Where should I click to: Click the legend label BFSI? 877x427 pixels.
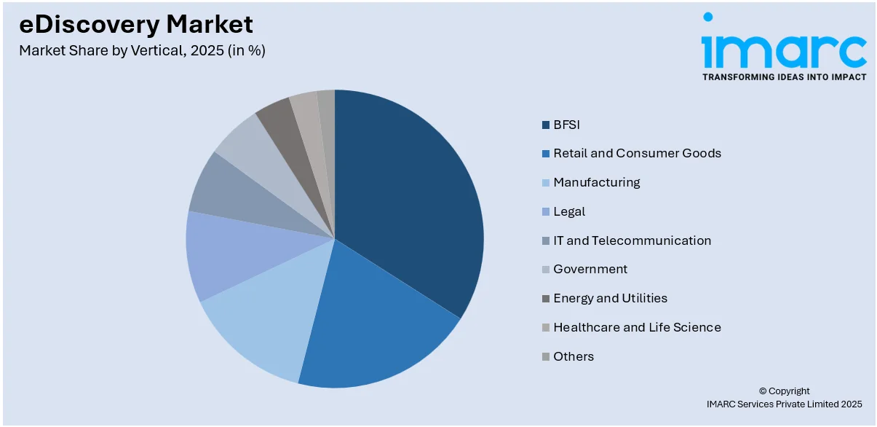point(566,125)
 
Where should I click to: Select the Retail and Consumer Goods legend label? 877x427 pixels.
point(637,153)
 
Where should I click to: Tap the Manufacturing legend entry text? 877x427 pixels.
point(596,182)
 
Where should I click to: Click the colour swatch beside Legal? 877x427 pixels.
point(545,212)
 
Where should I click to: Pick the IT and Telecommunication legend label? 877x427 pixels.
point(632,240)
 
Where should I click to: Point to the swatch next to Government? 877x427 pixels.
point(545,270)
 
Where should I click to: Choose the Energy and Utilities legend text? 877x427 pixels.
point(610,298)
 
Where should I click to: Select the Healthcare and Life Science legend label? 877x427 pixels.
point(637,327)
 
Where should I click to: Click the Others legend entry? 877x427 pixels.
point(574,356)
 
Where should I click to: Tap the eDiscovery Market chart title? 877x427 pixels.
point(136,25)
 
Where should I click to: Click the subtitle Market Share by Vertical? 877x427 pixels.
point(142,51)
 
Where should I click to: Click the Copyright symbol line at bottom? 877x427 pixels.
point(784,391)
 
